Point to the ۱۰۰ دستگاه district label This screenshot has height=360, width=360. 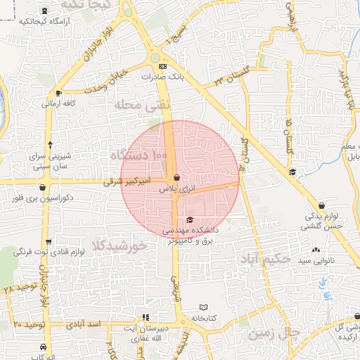point(138,153)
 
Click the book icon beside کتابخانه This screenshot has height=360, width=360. point(204,307)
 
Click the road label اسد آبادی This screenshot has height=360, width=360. point(84,326)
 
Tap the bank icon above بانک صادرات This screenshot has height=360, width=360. point(163,66)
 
